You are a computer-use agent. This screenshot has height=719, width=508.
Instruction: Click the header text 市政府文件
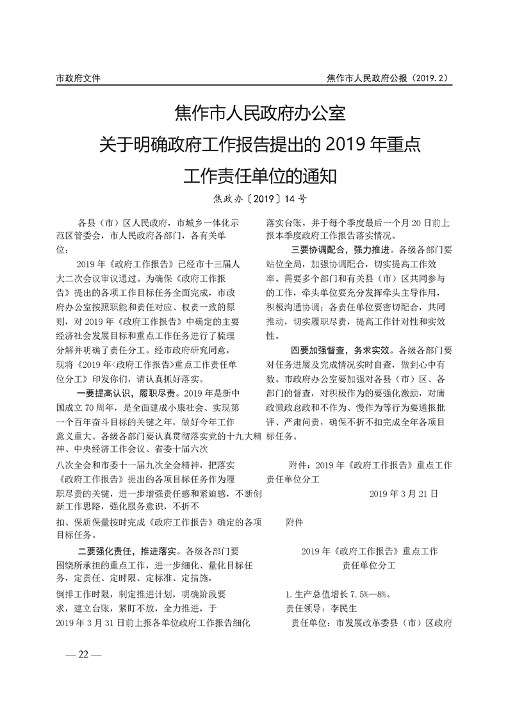click(78, 78)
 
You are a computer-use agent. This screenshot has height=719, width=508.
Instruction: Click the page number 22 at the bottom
click(84, 654)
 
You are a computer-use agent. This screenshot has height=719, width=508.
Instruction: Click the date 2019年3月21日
click(404, 494)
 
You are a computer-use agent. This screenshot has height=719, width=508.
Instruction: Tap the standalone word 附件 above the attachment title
click(295, 522)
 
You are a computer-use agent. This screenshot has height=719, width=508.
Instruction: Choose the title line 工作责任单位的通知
click(259, 173)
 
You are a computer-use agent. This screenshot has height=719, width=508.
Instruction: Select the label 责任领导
click(305, 607)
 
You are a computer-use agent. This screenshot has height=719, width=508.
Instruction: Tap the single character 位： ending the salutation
click(61, 249)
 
